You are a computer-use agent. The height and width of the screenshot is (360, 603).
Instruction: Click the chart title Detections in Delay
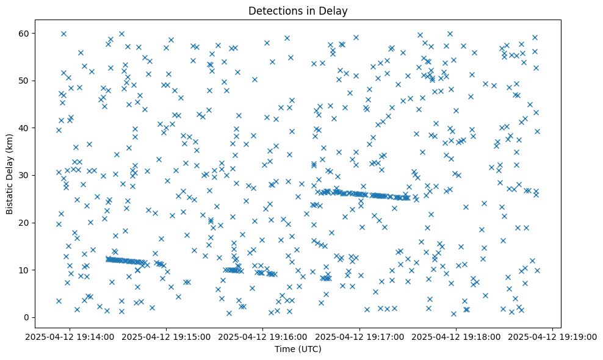[x=298, y=10]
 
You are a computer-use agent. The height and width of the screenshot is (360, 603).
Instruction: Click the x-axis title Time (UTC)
[x=298, y=349]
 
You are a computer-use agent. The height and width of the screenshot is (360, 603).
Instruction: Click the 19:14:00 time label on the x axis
[x=70, y=336]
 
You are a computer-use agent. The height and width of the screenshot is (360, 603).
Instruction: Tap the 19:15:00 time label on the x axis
[x=166, y=336]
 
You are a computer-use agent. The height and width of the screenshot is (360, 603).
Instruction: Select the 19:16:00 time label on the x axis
[x=263, y=336]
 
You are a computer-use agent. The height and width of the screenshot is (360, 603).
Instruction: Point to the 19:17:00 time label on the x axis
[x=359, y=336]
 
